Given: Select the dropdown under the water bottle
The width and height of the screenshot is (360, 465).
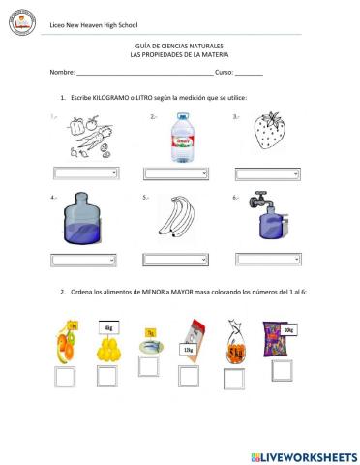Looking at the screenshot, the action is pos(175,172).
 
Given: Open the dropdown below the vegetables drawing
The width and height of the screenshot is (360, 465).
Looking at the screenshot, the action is pos(84,172).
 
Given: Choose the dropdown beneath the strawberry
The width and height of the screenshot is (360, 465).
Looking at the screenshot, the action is pos(264,172).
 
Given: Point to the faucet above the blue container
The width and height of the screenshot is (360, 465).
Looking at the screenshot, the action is pos(259,201).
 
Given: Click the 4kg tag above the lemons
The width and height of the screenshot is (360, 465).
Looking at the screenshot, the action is pos(108,327).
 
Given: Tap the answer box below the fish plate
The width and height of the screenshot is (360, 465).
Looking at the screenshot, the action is pos(148,366).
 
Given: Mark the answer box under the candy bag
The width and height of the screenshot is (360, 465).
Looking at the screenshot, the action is pos(281,370).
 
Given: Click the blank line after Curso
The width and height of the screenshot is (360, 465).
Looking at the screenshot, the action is pos(249,73).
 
